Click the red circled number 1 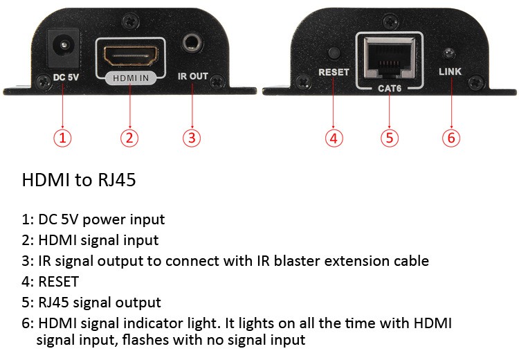pos(63,138)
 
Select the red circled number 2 pos(129,138)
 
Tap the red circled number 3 pos(192,138)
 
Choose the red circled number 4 pos(334,138)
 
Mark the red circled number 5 pos(390,138)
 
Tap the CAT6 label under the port pos(389,89)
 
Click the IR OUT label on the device pos(192,76)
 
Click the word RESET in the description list pos(60,282)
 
